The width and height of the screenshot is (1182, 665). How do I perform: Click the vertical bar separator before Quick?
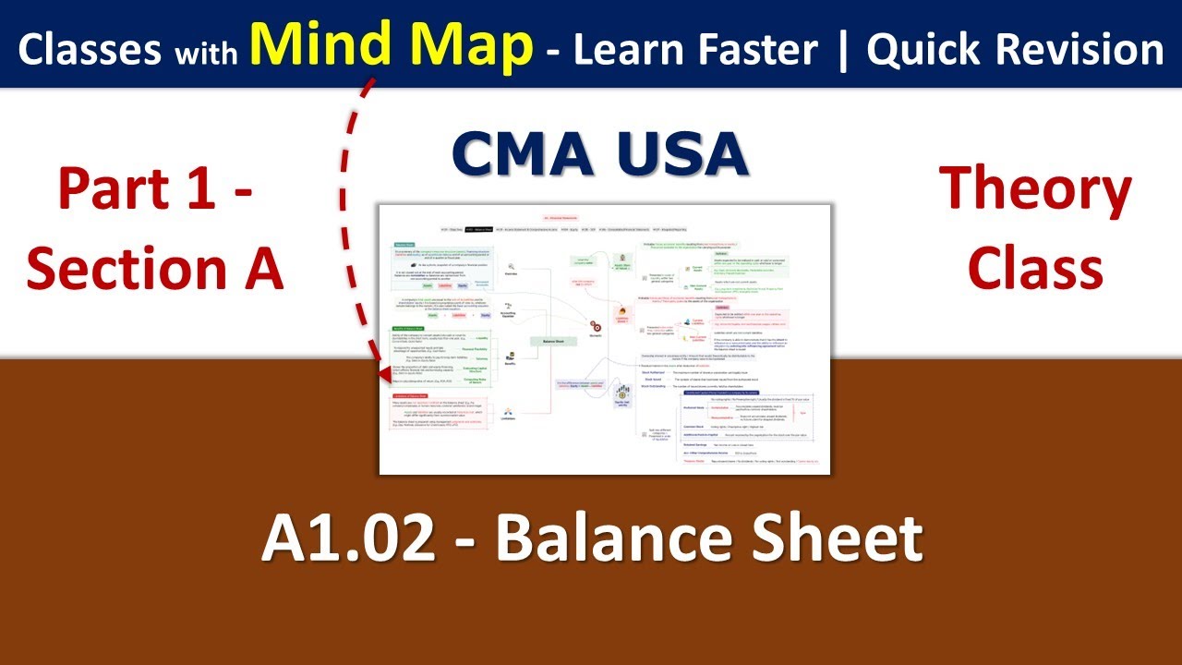[x=841, y=50]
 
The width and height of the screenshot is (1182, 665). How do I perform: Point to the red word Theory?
[x=1035, y=189]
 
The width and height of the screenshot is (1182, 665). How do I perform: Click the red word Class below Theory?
[x=1035, y=269]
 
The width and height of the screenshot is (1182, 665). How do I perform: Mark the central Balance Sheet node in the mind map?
[x=552, y=340]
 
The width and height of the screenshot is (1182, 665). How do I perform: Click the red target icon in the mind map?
[x=596, y=326]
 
